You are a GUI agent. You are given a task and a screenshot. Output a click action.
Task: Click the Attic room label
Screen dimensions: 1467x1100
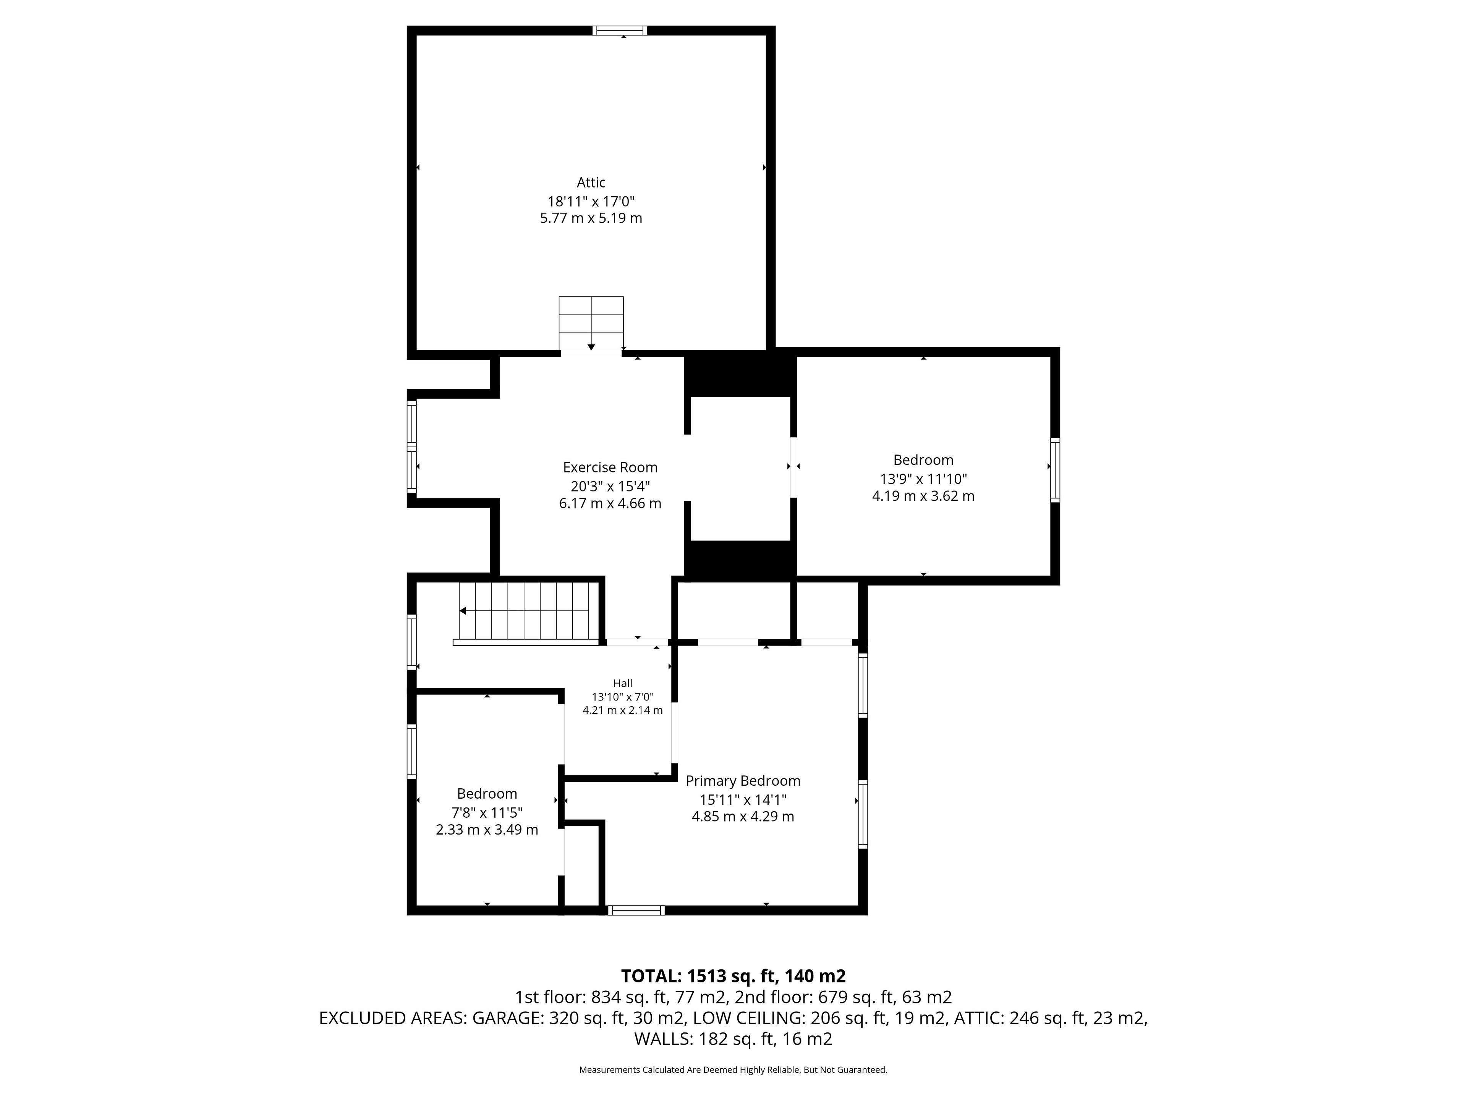(591, 182)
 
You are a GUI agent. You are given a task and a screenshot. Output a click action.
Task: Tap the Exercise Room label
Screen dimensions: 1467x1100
(610, 467)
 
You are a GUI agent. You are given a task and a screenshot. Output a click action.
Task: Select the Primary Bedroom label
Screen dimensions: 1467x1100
(743, 781)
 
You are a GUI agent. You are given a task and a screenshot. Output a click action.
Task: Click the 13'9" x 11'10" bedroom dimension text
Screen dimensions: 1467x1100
(923, 479)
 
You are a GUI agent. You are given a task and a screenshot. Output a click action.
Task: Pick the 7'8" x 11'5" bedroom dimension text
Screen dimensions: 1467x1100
(487, 812)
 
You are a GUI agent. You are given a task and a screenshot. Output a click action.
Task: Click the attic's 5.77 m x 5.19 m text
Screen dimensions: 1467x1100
(591, 218)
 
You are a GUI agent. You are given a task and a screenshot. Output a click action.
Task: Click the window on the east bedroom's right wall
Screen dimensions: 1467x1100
(1055, 469)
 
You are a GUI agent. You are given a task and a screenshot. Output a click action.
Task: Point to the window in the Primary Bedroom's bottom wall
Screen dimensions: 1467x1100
(636, 911)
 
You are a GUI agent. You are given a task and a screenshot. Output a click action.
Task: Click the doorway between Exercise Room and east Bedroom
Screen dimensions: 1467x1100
(793, 467)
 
